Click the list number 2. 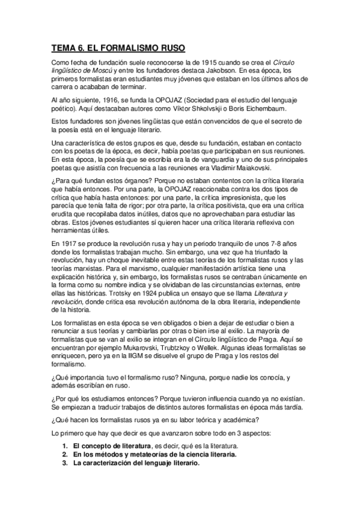(64, 455)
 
